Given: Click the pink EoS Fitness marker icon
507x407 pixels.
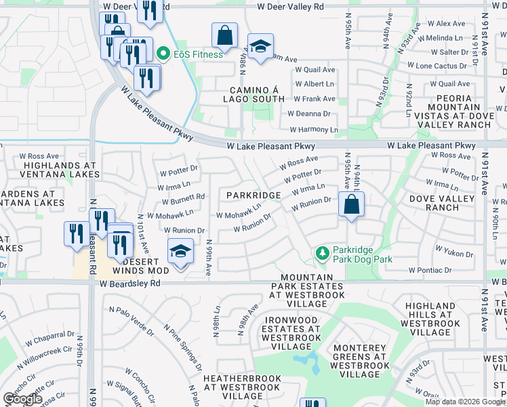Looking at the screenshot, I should point(163,54).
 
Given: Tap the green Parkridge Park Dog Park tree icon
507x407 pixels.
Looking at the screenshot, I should point(323,254).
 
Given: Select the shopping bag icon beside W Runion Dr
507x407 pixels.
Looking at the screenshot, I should point(351,204).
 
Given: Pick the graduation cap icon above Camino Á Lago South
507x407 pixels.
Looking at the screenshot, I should point(260,46).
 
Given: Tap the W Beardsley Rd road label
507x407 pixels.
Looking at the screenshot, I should point(129,286).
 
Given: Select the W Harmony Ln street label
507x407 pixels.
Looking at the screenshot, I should point(313,130).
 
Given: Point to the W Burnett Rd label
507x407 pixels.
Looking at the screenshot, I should point(183,199).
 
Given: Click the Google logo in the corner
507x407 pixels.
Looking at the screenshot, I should point(22,399).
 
